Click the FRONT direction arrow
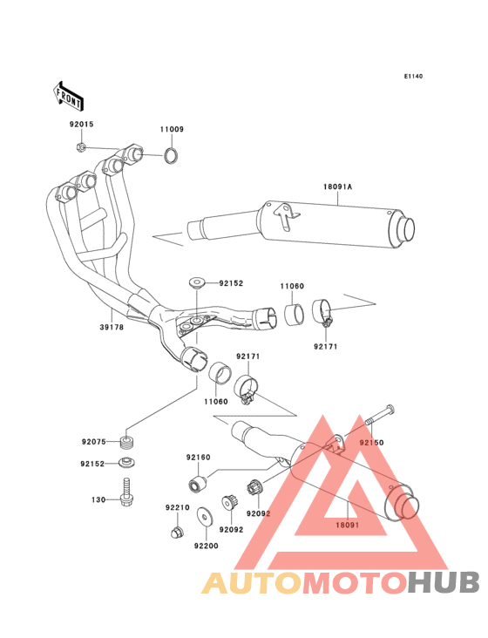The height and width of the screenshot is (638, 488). point(68,96)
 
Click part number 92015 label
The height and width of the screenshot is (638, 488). point(81,124)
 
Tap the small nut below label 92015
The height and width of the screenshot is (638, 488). point(81,146)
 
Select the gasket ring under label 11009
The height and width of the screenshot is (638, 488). point(171,155)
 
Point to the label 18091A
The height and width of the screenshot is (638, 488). point(337,187)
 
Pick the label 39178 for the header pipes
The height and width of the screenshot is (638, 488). point(112,327)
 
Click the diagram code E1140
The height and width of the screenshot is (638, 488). point(413,76)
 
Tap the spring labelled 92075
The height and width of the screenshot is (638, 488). point(128,442)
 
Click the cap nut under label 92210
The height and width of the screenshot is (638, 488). point(177,532)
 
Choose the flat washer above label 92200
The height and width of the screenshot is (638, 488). point(204,517)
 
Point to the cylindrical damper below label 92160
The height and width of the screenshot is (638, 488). point(198,483)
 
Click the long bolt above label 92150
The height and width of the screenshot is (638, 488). point(380,415)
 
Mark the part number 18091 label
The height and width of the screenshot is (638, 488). point(348,525)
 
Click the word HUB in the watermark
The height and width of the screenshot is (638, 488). point(444,582)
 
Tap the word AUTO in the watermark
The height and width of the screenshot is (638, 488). point(252,582)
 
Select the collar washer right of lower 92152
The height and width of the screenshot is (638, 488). point(126,463)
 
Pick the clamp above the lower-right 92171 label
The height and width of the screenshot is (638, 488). point(323,313)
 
